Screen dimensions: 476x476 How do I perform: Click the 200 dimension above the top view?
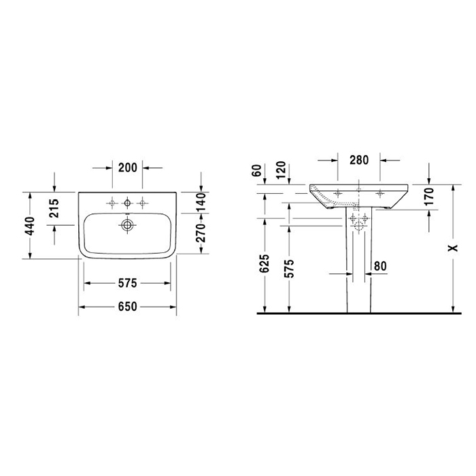point(127,167)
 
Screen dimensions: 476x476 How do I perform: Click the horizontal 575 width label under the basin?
point(127,283)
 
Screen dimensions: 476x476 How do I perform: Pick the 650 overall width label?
point(127,307)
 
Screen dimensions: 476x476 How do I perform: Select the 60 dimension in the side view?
point(257,169)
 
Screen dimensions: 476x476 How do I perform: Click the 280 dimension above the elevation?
point(358,161)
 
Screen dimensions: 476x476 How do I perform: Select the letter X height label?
point(452,250)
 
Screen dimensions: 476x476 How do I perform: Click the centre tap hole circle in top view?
point(126,202)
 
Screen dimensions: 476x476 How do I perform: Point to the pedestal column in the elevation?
point(357,272)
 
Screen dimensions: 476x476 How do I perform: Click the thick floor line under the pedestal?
point(357,314)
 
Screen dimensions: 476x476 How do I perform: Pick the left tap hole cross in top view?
point(110,202)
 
